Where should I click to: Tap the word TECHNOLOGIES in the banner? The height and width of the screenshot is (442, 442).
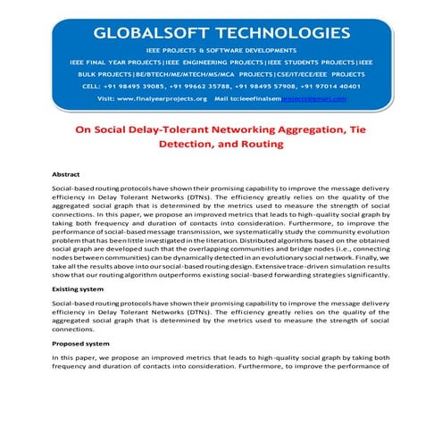coord(286,34)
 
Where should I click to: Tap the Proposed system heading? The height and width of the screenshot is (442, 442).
coord(81,344)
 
